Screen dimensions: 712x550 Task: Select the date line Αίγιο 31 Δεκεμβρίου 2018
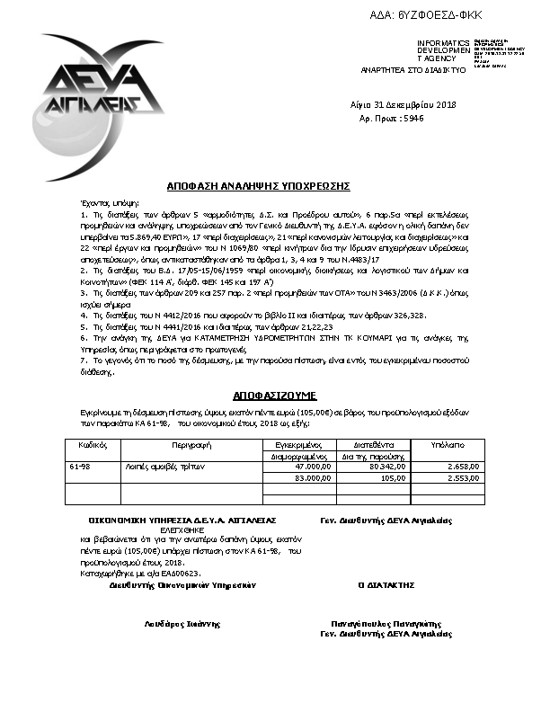coord(404,106)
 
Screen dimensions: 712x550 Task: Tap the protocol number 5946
coord(412,118)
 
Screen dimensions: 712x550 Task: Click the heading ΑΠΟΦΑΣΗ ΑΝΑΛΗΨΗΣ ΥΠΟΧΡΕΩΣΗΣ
coord(258,185)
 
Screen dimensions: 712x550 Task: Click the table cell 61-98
coord(79,467)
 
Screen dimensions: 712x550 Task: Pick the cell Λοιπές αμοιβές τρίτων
coord(158,467)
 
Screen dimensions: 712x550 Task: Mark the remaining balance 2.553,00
coord(464,478)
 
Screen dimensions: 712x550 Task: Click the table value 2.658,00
coord(464,467)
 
